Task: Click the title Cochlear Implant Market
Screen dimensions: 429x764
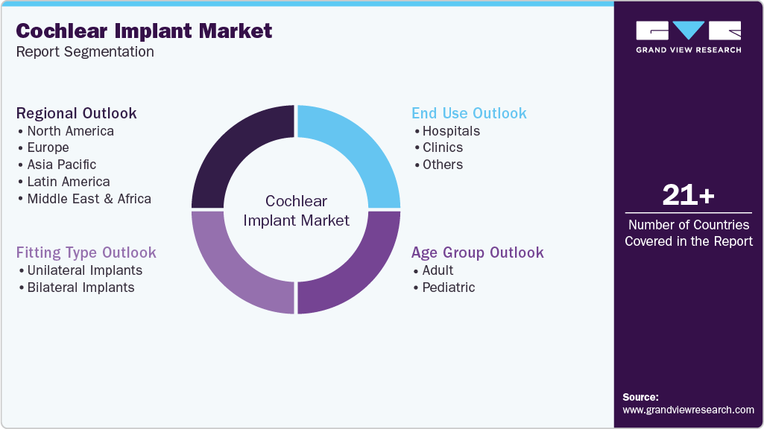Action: pos(144,31)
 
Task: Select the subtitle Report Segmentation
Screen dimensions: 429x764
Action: pos(85,52)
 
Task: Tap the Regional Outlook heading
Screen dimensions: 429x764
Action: pos(77,113)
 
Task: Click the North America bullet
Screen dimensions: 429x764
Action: pos(70,131)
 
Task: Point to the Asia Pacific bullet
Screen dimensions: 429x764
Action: pos(61,165)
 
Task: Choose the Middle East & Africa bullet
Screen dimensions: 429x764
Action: pos(89,199)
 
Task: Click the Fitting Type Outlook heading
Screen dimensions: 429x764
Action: pos(86,252)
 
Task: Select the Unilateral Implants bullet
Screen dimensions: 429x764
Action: pos(84,270)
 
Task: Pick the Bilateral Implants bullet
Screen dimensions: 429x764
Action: pos(80,287)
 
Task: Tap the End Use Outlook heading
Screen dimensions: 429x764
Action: pos(469,113)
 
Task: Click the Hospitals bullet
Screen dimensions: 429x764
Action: pos(451,131)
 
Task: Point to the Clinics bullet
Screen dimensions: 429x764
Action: pos(442,147)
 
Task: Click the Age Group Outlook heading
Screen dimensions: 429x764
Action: pos(477,252)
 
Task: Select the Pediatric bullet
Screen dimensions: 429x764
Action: pos(448,287)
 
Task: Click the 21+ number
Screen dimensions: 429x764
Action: pos(688,196)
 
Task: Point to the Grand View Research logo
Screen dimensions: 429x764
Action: pos(688,36)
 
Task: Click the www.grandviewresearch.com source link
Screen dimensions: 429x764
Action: pos(688,410)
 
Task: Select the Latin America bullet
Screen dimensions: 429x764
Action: pos(68,182)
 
